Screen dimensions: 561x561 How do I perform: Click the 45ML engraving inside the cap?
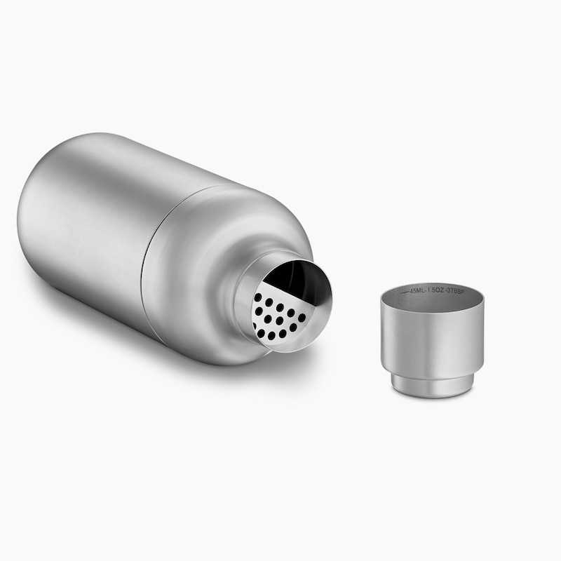(419, 290)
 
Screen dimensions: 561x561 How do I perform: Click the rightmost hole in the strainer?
(302, 317)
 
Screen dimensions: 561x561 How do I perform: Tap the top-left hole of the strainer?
(258, 297)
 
